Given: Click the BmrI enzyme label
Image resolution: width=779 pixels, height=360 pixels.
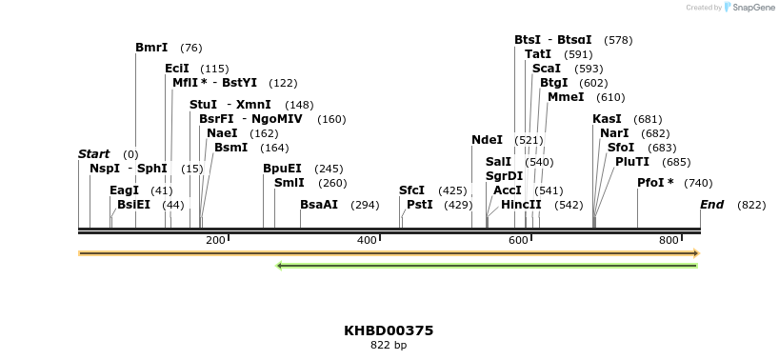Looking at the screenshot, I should click(151, 48).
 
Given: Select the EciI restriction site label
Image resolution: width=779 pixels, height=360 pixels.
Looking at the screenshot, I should click(177, 69).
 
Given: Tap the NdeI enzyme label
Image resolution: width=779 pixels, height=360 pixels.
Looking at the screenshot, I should click(487, 140).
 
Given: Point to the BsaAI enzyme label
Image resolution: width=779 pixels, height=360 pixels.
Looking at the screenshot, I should click(319, 205).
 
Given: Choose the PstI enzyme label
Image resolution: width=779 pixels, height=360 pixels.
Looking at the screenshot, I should click(420, 205).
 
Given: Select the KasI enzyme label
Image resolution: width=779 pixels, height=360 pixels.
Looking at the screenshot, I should click(607, 119).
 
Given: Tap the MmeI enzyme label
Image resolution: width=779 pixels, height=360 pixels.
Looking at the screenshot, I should click(566, 97).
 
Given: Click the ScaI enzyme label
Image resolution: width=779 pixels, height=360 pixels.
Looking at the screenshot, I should click(547, 69).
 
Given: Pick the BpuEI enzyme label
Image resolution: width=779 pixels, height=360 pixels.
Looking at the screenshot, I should click(282, 169).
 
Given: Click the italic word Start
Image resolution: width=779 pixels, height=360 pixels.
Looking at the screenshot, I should click(93, 154).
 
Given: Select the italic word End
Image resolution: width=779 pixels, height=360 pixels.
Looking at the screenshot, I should click(711, 205).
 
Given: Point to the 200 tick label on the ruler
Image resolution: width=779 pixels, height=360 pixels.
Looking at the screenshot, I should click(215, 240).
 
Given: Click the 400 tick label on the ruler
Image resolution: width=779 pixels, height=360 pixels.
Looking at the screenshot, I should click(367, 240).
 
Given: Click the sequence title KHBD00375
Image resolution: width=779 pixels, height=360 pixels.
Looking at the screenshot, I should click(389, 330).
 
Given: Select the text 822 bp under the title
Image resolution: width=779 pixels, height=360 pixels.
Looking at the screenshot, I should click(389, 346).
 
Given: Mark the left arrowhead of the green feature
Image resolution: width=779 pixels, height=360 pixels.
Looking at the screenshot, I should click(279, 265).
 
